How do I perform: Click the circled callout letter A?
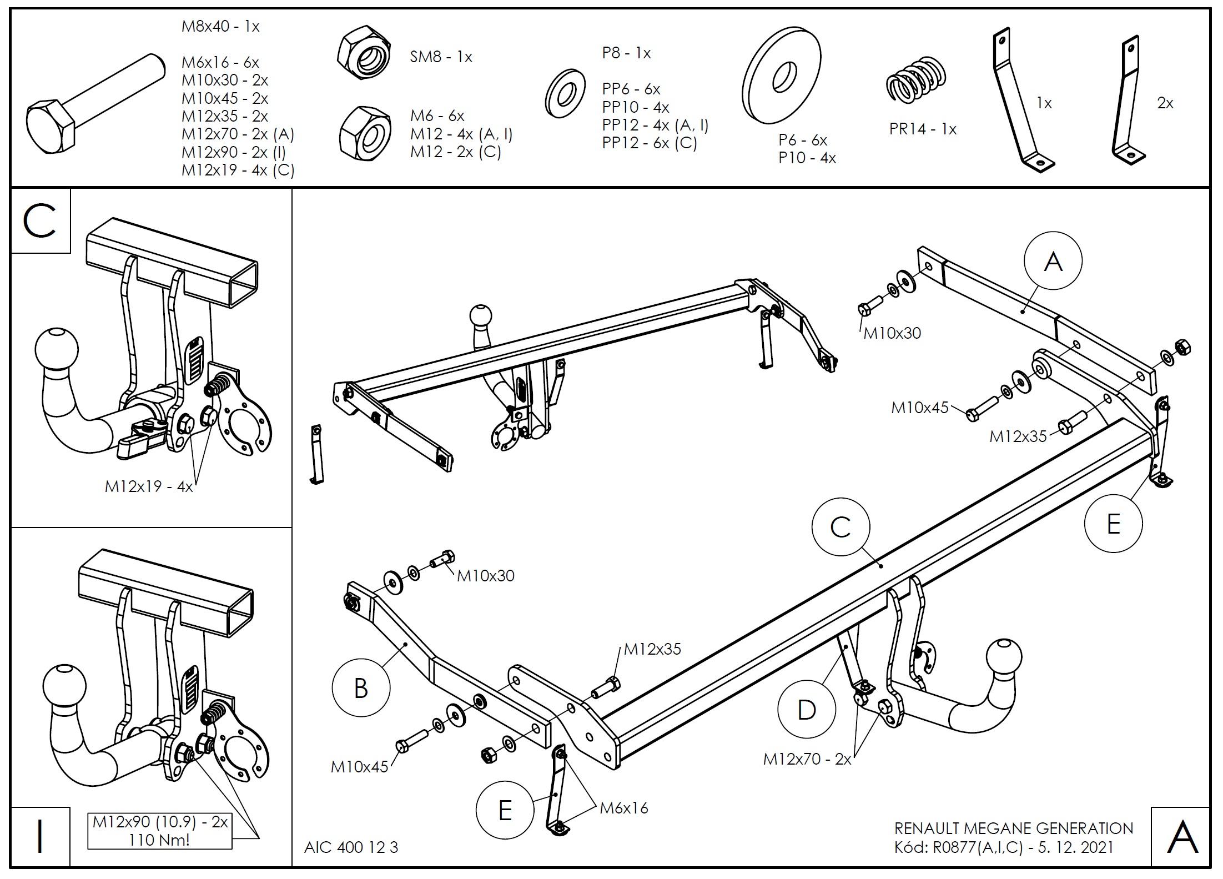tap(1053, 260)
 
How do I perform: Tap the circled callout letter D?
tap(806, 710)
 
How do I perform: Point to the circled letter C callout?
tap(841, 527)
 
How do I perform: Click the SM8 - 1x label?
tap(441, 57)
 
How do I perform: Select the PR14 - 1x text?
tap(923, 129)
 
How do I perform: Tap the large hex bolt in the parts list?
tap(94, 108)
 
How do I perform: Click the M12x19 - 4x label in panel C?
tap(149, 486)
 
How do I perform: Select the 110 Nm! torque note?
tap(159, 840)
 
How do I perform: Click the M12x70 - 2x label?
tap(807, 759)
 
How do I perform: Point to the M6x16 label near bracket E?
tap(623, 808)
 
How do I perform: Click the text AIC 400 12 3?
tap(351, 847)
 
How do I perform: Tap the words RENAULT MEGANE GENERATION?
tap(1013, 828)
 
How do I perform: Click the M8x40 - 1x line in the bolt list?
tap(220, 26)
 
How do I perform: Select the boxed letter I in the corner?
tap(40, 837)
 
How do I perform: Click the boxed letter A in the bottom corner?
tap(1182, 837)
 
